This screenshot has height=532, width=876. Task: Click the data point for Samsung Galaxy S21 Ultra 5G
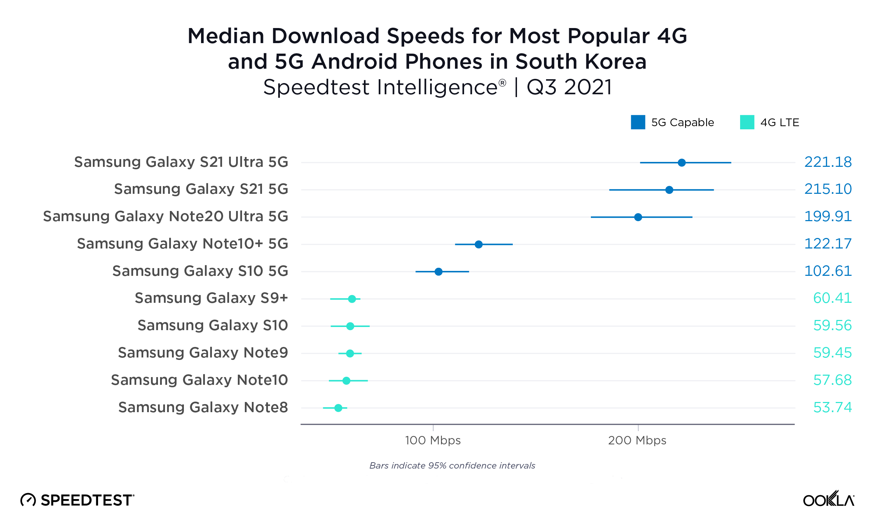pos(682,163)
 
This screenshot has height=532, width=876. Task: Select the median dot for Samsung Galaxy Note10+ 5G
pos(478,244)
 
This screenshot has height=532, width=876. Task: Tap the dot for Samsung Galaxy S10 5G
pos(439,272)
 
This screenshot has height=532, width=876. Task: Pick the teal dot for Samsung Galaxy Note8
pos(338,408)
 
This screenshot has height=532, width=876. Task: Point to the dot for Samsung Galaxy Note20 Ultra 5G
pos(638,217)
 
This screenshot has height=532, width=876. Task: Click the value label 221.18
pos(828,162)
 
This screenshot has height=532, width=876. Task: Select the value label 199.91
pos(828,217)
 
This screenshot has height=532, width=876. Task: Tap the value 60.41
pos(832,298)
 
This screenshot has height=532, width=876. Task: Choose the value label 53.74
pos(832,408)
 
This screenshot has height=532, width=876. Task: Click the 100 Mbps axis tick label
pos(433,440)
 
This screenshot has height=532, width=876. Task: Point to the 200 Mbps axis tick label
pos(637,440)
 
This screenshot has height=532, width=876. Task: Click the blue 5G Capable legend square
pos(638,122)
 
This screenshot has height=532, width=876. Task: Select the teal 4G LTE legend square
pos(747,122)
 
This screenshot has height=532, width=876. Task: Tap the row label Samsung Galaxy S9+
pos(211,298)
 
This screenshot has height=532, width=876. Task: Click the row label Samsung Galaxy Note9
pos(203,353)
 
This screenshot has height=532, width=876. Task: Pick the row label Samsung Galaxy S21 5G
pos(201,189)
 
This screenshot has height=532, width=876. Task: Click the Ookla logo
pos(828,499)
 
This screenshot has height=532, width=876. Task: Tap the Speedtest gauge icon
pos(28,500)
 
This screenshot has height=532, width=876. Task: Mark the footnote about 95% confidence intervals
pos(452,465)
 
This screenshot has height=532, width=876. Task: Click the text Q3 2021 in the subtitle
pos(569,87)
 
